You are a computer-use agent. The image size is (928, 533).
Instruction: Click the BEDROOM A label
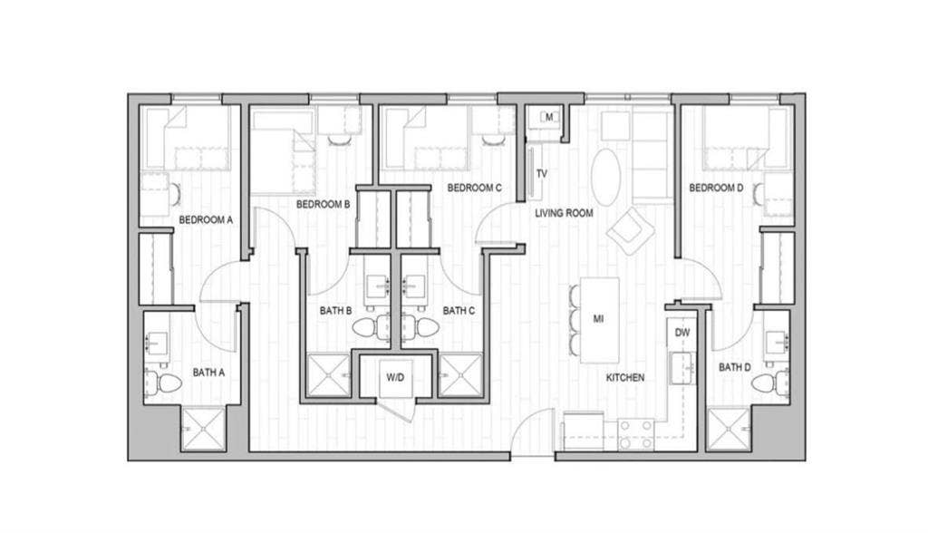pos(206,219)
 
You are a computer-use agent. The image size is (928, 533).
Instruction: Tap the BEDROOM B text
pos(324,204)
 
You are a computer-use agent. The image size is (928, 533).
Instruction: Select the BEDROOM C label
pos(475,188)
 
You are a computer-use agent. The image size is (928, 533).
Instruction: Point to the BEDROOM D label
pos(716,188)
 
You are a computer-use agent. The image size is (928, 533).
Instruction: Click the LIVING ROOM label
pos(564,213)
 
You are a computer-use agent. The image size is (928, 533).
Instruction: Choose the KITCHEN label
pos(625,377)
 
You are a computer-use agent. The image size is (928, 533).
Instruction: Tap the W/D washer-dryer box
pos(395,377)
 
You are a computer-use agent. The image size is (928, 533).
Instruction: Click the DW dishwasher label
pos(682,333)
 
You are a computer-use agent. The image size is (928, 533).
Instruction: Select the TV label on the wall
pos(542,174)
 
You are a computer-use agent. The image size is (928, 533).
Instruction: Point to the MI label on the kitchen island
pos(598,319)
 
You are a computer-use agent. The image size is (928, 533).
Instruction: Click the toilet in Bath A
pos(163,383)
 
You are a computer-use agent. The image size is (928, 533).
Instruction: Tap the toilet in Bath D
pos(770,383)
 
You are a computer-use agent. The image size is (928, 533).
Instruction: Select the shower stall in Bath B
pos(328,375)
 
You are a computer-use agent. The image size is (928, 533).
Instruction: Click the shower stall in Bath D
pos(729,430)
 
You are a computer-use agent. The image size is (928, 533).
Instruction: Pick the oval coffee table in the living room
pos(606,177)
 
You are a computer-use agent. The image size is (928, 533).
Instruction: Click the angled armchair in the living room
pos(631,230)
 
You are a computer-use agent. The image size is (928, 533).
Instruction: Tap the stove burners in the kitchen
pos(636,434)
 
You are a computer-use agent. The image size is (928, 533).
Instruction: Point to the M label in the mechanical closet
pos(548,117)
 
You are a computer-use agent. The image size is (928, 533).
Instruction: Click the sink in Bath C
pos(414,286)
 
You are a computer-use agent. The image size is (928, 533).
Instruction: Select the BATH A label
pos(208,373)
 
